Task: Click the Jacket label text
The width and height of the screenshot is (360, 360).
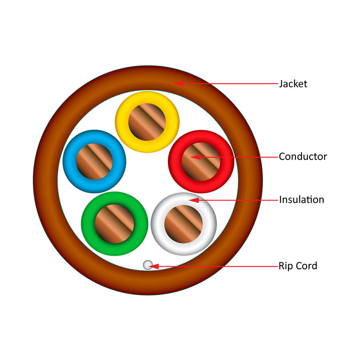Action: pos(293,84)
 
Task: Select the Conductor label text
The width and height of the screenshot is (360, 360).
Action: pos(303,156)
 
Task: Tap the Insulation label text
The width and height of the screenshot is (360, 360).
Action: pos(302,199)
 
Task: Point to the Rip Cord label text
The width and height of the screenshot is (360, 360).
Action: pos(298,266)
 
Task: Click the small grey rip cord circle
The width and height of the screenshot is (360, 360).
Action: pos(148,264)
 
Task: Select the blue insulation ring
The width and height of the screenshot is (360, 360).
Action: pos(69,161)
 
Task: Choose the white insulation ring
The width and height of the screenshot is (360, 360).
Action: pos(158,224)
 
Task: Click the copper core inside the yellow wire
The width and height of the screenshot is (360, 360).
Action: pos(147,122)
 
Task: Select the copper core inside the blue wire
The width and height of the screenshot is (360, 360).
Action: pos(94,161)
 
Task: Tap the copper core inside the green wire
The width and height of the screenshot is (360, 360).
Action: pos(114,224)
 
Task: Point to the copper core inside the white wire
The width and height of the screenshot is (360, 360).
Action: pos(183,224)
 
